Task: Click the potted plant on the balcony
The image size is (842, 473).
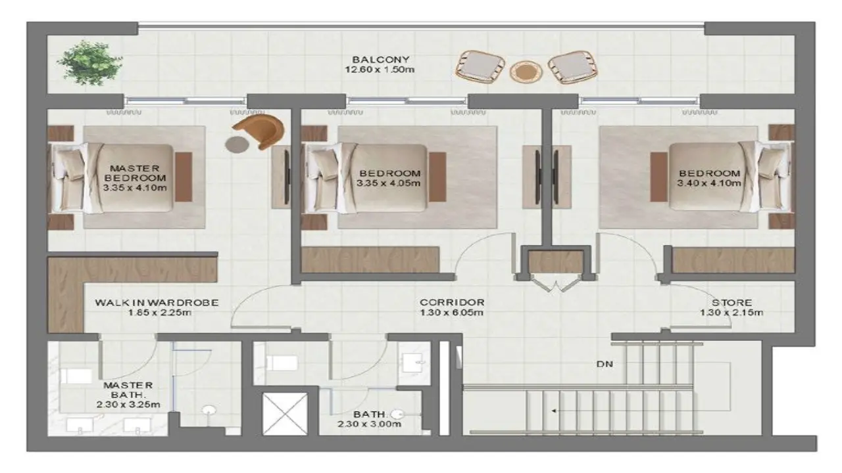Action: pyautogui.click(x=89, y=63)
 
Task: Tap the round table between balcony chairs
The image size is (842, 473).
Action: pyautogui.click(x=526, y=72)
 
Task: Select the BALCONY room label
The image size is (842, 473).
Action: pyautogui.click(x=380, y=59)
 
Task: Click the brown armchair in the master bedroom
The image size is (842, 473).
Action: pyautogui.click(x=260, y=131)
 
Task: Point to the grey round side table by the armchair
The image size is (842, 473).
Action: pyautogui.click(x=237, y=145)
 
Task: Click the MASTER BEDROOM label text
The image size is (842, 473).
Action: pyautogui.click(x=135, y=173)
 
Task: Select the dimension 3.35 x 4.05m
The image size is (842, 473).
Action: pyautogui.click(x=388, y=183)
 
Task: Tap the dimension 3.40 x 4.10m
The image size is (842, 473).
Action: pyautogui.click(x=709, y=183)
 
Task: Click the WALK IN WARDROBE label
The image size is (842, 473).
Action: pyautogui.click(x=157, y=303)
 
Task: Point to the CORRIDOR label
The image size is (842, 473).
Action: pyautogui.click(x=452, y=302)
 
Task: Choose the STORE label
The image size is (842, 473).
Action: pyautogui.click(x=731, y=303)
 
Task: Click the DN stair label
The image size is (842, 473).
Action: pyautogui.click(x=605, y=364)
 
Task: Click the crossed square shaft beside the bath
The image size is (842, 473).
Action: pyautogui.click(x=285, y=414)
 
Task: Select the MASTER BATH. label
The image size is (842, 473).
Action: pyautogui.click(x=128, y=390)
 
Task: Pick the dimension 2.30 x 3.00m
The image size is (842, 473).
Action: pyautogui.click(x=369, y=424)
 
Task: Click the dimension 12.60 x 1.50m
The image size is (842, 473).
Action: pyautogui.click(x=380, y=70)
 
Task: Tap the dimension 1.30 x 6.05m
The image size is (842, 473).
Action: pyautogui.click(x=451, y=312)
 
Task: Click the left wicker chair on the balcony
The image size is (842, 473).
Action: pyautogui.click(x=480, y=68)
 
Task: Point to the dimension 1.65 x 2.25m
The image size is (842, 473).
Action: pyautogui.click(x=160, y=312)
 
